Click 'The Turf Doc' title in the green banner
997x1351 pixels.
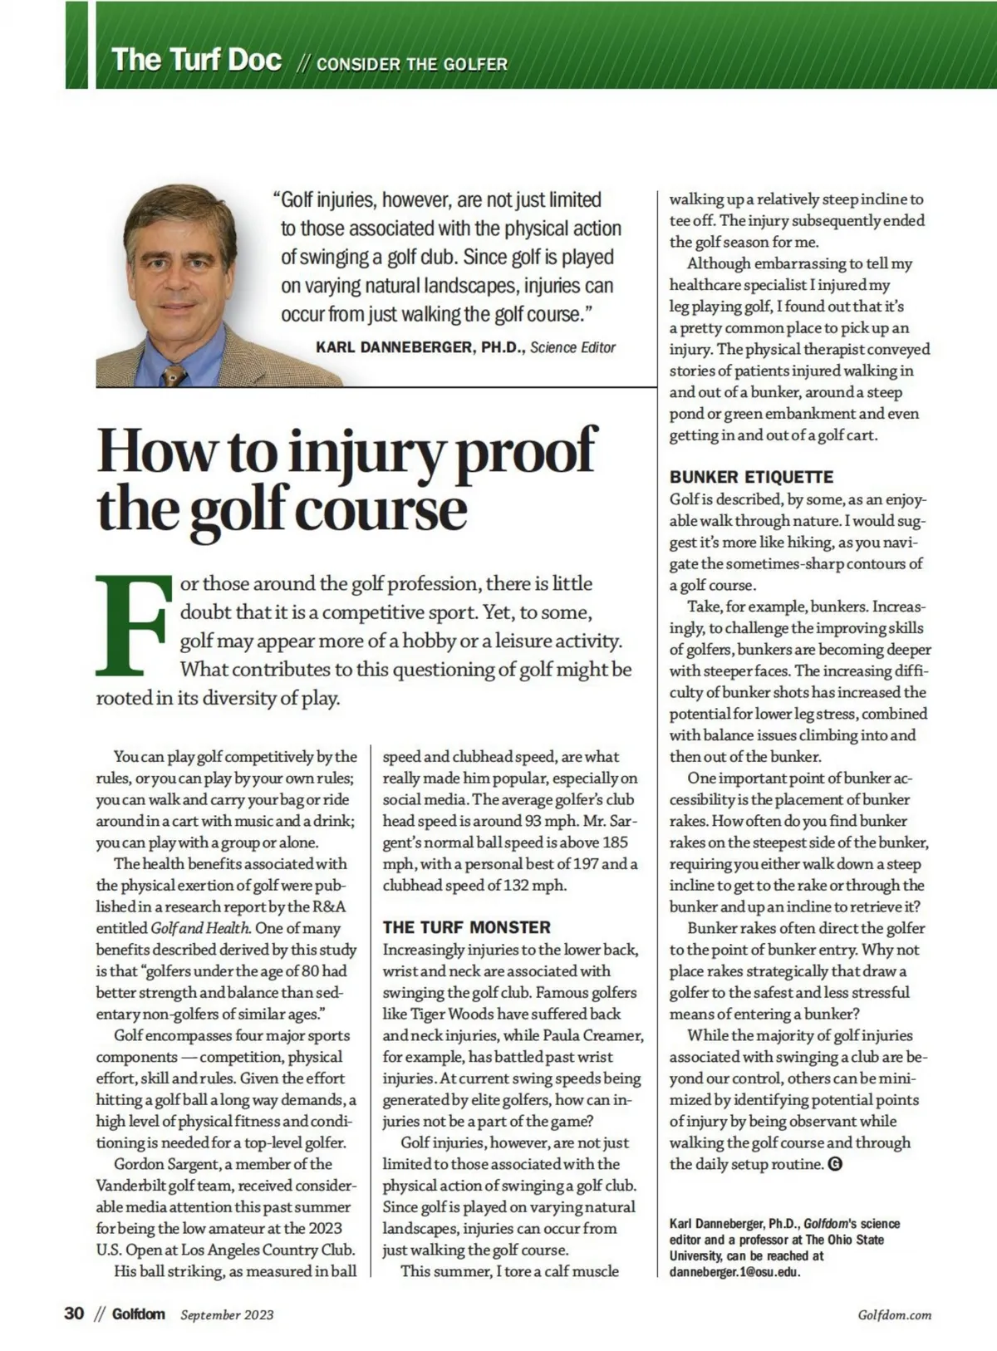196,60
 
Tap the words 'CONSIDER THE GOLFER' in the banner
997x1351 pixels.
412,64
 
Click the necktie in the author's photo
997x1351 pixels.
174,374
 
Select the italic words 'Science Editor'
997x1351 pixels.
573,347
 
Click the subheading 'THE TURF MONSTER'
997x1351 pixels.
466,927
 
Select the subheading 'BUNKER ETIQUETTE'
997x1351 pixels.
751,477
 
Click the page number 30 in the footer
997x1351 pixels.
74,1314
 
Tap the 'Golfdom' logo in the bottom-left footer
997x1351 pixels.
138,1314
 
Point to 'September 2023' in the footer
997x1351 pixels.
227,1314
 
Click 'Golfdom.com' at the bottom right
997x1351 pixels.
894,1314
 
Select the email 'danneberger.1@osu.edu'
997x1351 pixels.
734,1272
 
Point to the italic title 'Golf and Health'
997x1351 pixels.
200,928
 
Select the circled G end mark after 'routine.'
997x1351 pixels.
836,1164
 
